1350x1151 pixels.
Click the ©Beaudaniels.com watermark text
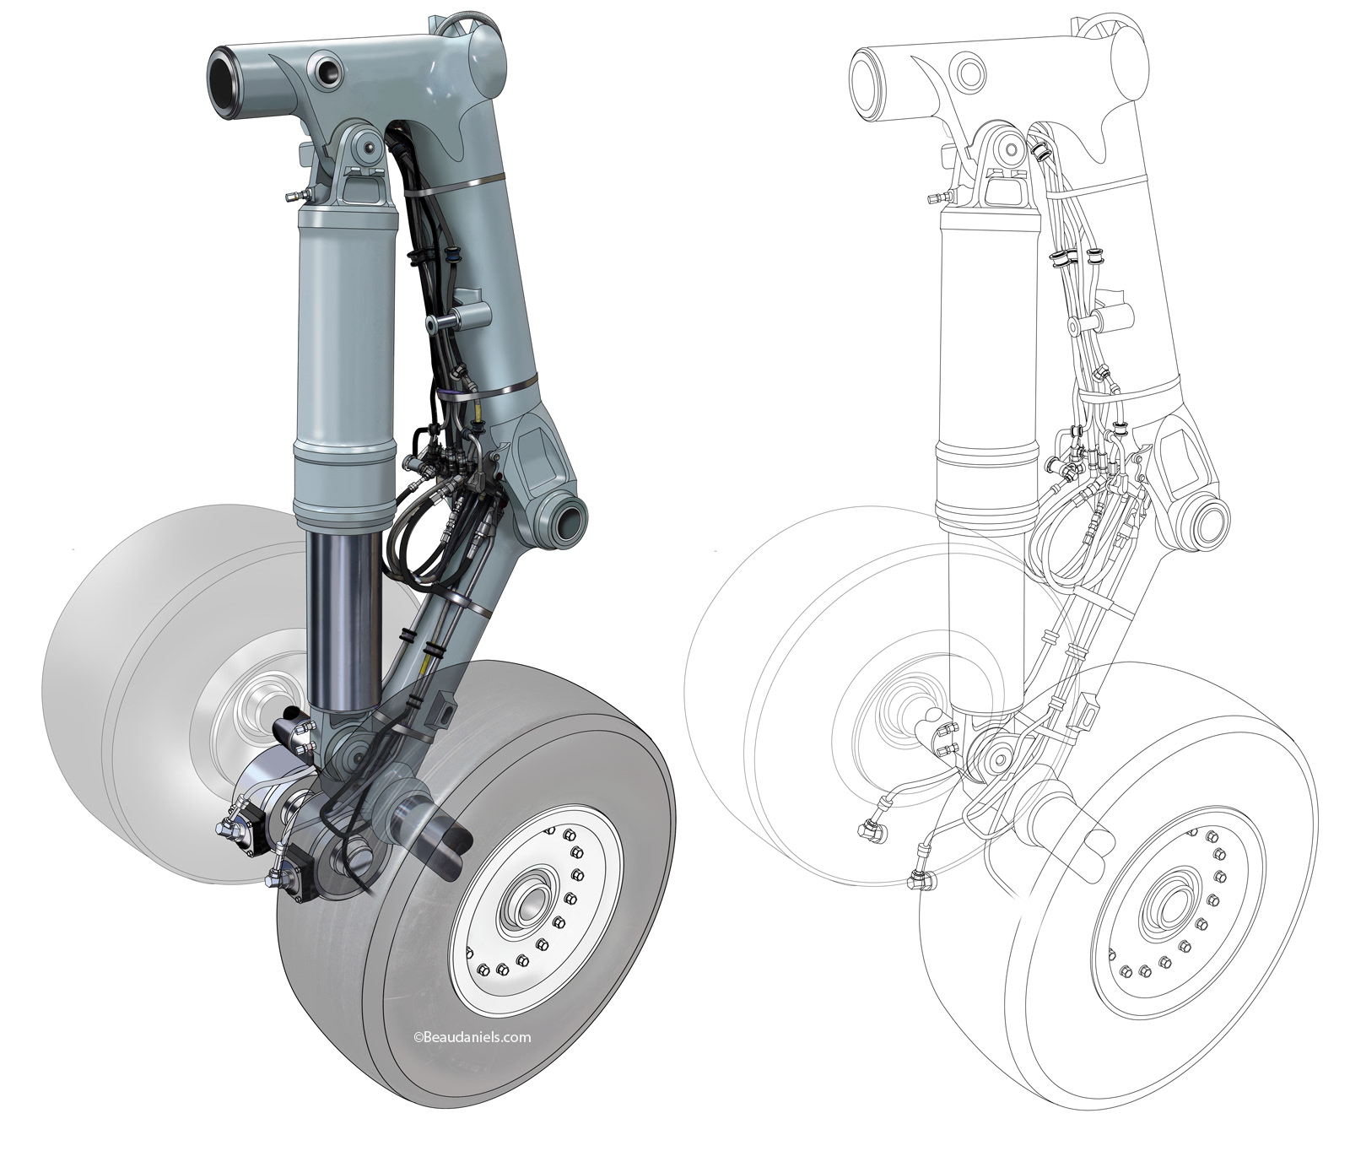[x=472, y=1037]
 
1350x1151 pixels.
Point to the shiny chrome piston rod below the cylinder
[x=343, y=620]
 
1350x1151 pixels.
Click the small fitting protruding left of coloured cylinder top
[x=293, y=197]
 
